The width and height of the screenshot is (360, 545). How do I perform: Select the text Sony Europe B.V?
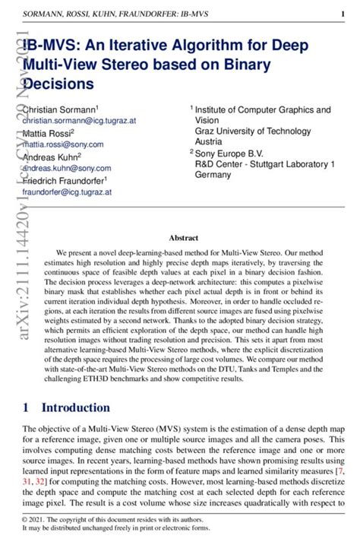pos(231,153)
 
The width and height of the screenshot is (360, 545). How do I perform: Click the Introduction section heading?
pos(77,408)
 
